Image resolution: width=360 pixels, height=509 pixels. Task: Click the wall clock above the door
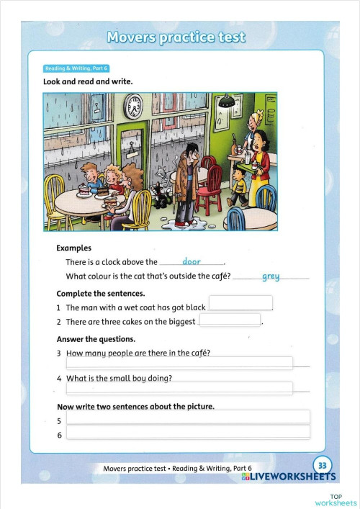point(133,108)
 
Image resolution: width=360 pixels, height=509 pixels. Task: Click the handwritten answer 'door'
point(192,261)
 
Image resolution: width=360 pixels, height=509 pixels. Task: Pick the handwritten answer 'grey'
point(271,276)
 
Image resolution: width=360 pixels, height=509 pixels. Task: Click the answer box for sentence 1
point(240,303)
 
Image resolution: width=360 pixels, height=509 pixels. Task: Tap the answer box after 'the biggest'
point(230,320)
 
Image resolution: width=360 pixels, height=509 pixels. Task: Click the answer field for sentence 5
point(188,418)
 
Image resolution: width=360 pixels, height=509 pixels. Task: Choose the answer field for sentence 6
point(188,433)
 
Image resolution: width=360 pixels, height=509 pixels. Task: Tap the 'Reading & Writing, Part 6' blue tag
point(77,68)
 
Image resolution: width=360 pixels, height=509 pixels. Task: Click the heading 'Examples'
point(73,248)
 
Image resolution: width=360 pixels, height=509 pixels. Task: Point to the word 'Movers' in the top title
point(131,37)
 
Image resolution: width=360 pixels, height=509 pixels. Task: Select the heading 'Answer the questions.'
point(96,338)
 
